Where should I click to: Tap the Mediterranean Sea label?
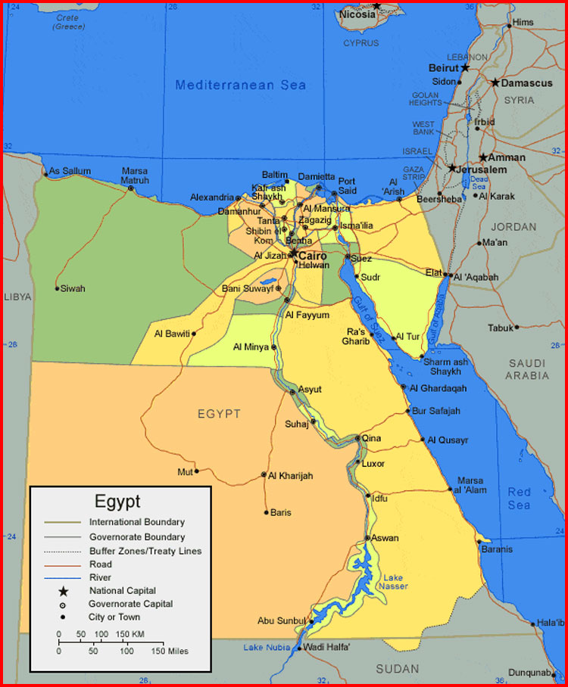click(x=241, y=85)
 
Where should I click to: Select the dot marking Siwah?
click(x=57, y=288)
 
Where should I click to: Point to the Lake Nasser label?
click(x=395, y=582)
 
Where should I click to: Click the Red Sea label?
click(x=520, y=499)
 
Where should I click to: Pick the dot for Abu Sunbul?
click(x=309, y=621)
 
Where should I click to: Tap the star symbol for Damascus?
click(x=495, y=82)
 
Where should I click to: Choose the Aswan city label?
click(x=385, y=538)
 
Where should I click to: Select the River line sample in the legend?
click(x=64, y=577)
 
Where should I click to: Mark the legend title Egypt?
click(x=117, y=502)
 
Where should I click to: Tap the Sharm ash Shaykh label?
click(x=445, y=367)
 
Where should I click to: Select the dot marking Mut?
click(x=196, y=471)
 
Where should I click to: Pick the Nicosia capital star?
click(x=376, y=6)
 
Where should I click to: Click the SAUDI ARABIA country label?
click(x=527, y=369)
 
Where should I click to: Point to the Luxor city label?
click(x=373, y=464)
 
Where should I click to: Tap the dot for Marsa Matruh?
click(x=131, y=188)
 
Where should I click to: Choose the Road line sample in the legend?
click(x=64, y=564)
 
